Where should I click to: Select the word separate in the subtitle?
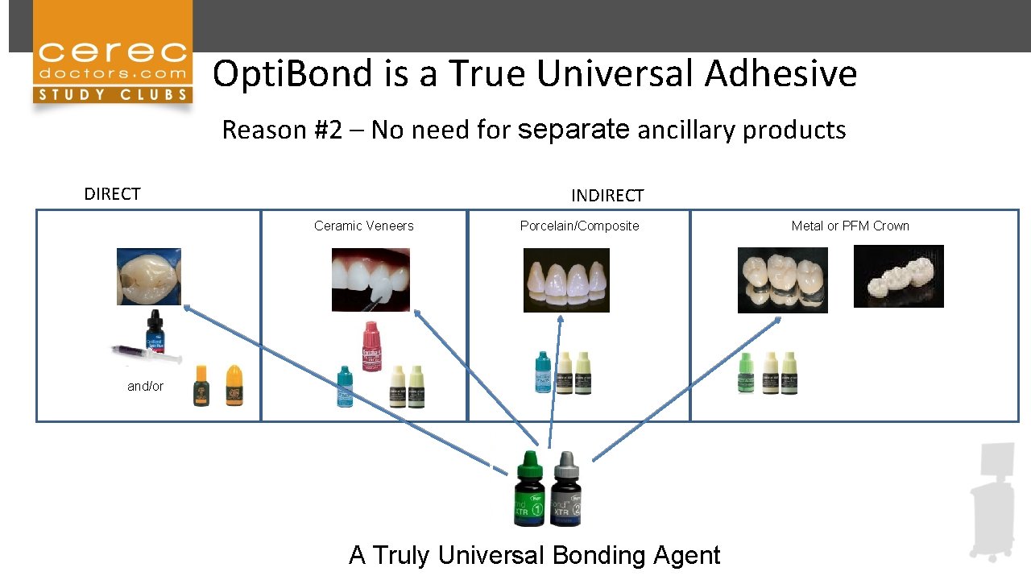[573, 129]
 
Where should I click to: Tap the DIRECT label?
[112, 194]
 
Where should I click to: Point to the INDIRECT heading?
[607, 196]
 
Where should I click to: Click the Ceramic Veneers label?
[363, 226]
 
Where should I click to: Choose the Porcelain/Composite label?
[579, 226]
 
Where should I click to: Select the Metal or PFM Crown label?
[850, 226]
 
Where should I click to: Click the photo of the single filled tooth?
[149, 276]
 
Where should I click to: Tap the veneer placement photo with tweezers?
[371, 280]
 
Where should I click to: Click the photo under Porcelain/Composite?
[566, 280]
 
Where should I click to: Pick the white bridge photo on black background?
[898, 276]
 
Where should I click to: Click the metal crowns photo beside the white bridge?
[782, 280]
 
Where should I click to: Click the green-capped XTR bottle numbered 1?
[529, 491]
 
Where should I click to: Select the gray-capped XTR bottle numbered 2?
[567, 491]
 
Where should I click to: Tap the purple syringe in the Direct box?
[145, 353]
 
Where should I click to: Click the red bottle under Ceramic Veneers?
[371, 346]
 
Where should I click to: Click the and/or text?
[145, 387]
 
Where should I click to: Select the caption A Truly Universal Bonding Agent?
[534, 555]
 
